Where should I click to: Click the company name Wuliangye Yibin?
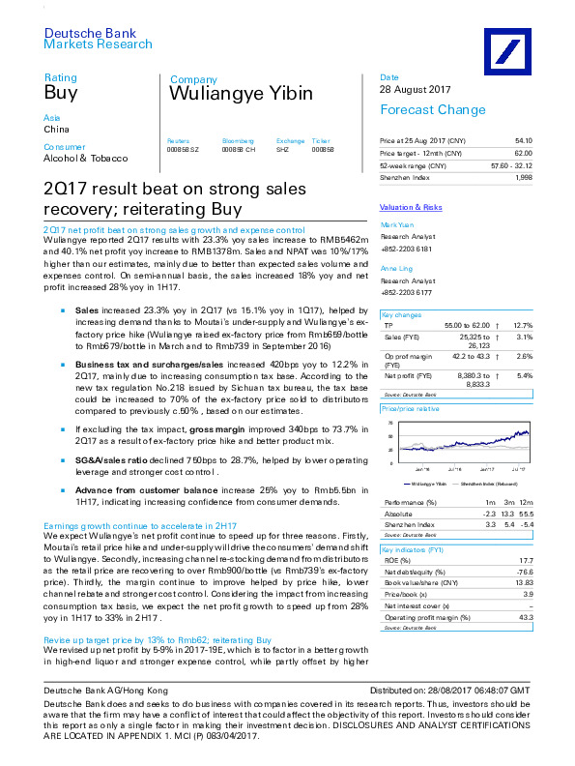pyautogui.click(x=241, y=94)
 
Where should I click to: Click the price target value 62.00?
pyautogui.click(x=522, y=154)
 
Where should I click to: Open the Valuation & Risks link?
pyautogui.click(x=411, y=207)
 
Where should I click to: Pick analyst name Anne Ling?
pyautogui.click(x=397, y=268)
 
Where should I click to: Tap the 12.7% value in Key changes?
pyautogui.click(x=523, y=325)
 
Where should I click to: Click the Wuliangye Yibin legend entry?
pyautogui.click(x=427, y=481)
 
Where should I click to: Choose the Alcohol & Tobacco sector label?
pyautogui.click(x=86, y=158)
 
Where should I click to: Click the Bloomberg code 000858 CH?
pyautogui.click(x=238, y=151)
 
